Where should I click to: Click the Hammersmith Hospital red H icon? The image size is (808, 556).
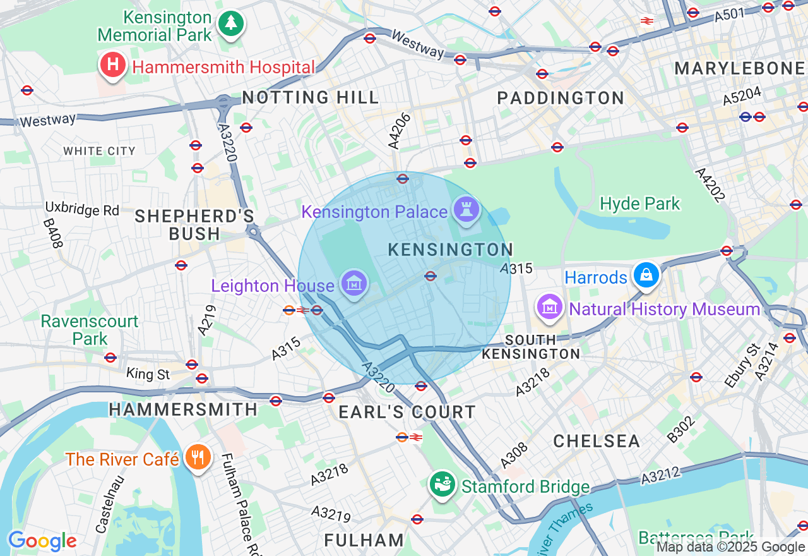click(x=112, y=65)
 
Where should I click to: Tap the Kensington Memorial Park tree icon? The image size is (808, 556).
click(x=231, y=24)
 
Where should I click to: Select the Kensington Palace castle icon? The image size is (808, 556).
click(x=466, y=210)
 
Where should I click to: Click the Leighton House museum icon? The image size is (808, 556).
click(x=354, y=284)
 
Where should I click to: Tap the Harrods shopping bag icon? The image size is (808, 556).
click(x=646, y=275)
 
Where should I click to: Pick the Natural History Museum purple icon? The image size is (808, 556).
click(x=550, y=308)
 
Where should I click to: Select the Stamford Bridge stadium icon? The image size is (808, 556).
click(x=443, y=485)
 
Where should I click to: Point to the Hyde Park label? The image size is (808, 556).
click(x=639, y=203)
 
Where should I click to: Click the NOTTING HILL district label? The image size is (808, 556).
click(x=311, y=97)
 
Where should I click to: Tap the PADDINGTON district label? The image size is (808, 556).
click(x=561, y=98)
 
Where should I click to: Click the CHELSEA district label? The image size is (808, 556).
click(x=597, y=440)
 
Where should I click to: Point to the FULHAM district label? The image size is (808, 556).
click(x=364, y=540)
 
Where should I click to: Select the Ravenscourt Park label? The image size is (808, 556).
click(x=89, y=330)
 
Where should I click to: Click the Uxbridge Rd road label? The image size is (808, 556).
click(x=82, y=209)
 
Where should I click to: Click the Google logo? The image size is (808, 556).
click(x=42, y=541)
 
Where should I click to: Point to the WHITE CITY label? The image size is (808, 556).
click(x=100, y=151)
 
